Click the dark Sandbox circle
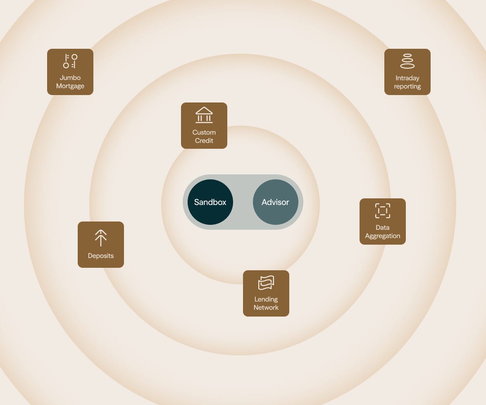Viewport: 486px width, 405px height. coord(210,202)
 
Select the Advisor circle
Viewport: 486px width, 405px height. coord(276,202)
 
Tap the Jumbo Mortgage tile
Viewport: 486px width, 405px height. coord(70,72)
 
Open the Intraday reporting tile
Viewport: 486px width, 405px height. coord(407,72)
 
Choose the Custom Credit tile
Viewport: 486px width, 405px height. coord(204,126)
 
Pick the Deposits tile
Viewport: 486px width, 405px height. coord(101,245)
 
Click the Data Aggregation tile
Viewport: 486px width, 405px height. coord(383,221)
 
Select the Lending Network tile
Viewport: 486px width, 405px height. coord(266,293)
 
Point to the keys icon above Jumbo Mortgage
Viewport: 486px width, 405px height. coord(70,61)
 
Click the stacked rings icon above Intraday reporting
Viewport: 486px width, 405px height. coord(407,61)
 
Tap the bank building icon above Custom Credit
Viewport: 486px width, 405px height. coord(204,115)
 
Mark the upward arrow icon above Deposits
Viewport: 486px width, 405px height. coord(101,238)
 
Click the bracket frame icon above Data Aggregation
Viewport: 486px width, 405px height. coord(383,211)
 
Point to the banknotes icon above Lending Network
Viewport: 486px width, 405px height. coord(266,283)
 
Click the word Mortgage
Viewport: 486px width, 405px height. coord(70,86)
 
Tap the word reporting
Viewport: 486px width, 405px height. coord(407,86)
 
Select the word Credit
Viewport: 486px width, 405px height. coord(204,141)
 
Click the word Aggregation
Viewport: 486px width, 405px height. coord(383,236)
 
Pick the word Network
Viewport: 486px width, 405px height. coord(266,307)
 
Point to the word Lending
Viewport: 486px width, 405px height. coord(266,299)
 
